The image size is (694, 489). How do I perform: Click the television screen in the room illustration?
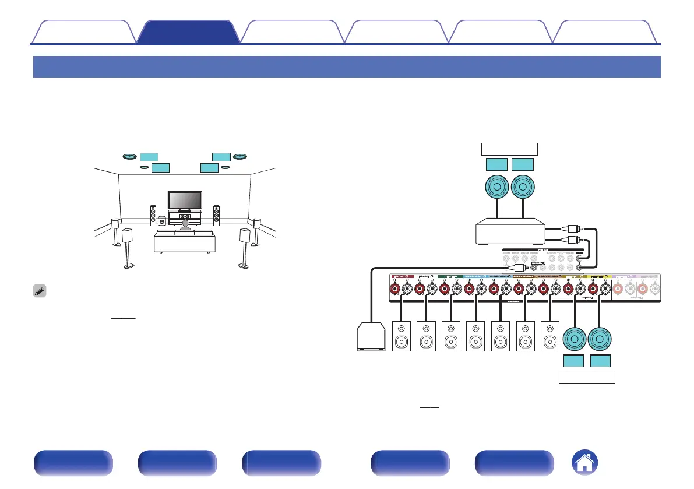tap(185, 200)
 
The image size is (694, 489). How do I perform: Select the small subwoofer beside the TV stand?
tap(161, 221)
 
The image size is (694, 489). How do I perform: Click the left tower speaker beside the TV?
tap(153, 216)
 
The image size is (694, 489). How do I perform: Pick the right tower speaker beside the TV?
tap(216, 216)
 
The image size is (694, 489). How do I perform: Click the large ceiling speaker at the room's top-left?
tap(130, 156)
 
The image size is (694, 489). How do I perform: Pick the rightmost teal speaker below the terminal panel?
tap(601, 339)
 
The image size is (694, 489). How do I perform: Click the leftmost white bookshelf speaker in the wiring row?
tap(403, 337)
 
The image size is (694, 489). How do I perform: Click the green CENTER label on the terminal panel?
tap(450, 277)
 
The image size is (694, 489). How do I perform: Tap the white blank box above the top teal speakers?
tap(509, 148)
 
